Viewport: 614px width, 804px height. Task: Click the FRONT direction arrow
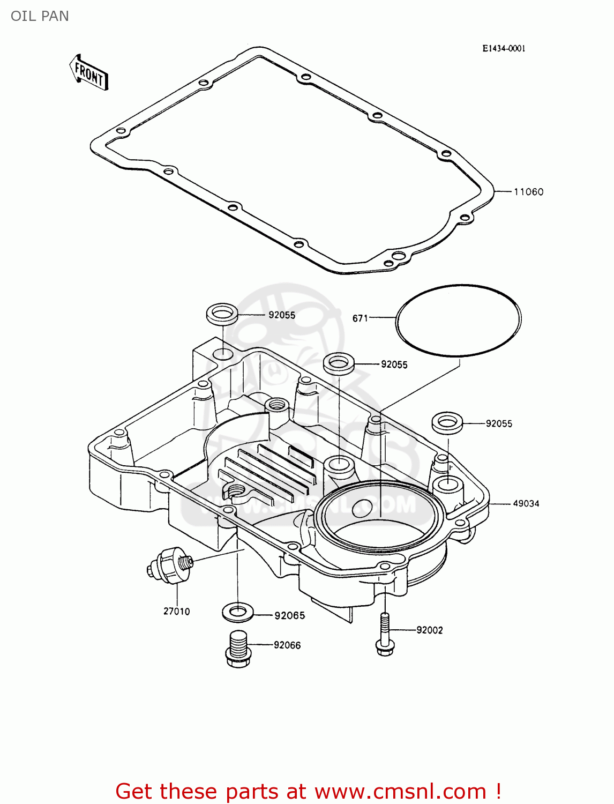pos(88,72)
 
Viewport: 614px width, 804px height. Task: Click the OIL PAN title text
pos(40,16)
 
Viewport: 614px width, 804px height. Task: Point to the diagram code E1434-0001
pos(504,48)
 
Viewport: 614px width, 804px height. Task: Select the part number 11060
pos(528,192)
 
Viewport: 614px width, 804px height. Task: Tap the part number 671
pos(360,318)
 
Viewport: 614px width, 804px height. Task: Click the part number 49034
pos(526,503)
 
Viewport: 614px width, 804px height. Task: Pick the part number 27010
pos(176,611)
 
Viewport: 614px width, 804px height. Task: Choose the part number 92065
pos(289,616)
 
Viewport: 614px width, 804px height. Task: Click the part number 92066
pos(287,645)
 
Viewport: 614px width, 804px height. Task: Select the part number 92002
pos(430,630)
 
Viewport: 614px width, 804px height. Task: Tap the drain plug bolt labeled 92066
pos(236,649)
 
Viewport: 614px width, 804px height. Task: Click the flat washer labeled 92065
pos(237,611)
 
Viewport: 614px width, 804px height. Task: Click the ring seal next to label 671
pos(458,321)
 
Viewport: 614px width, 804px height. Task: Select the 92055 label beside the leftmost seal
pos(282,315)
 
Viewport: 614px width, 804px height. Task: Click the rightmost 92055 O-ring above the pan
pos(447,422)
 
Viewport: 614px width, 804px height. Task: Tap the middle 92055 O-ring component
pos(338,363)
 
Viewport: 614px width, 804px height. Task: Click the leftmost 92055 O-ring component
pos(222,313)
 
